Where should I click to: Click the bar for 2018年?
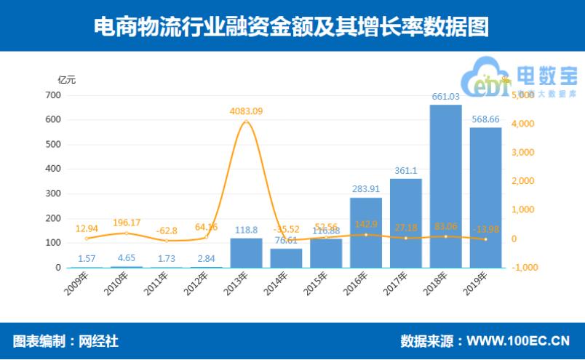pos(445,186)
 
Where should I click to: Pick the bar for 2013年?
pos(246,252)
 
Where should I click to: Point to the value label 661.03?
pos(445,97)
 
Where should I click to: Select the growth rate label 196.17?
pos(127,223)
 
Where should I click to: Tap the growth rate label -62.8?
pos(167,231)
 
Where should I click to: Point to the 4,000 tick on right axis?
pos(526,124)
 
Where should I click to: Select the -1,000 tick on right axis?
pos(525,268)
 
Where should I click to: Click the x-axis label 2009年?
pos(75,282)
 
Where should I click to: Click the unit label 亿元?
pos(66,79)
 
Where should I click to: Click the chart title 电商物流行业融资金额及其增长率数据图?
pos(292,26)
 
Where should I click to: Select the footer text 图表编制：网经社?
pos(65,340)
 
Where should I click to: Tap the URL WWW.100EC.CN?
pos(517,340)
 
